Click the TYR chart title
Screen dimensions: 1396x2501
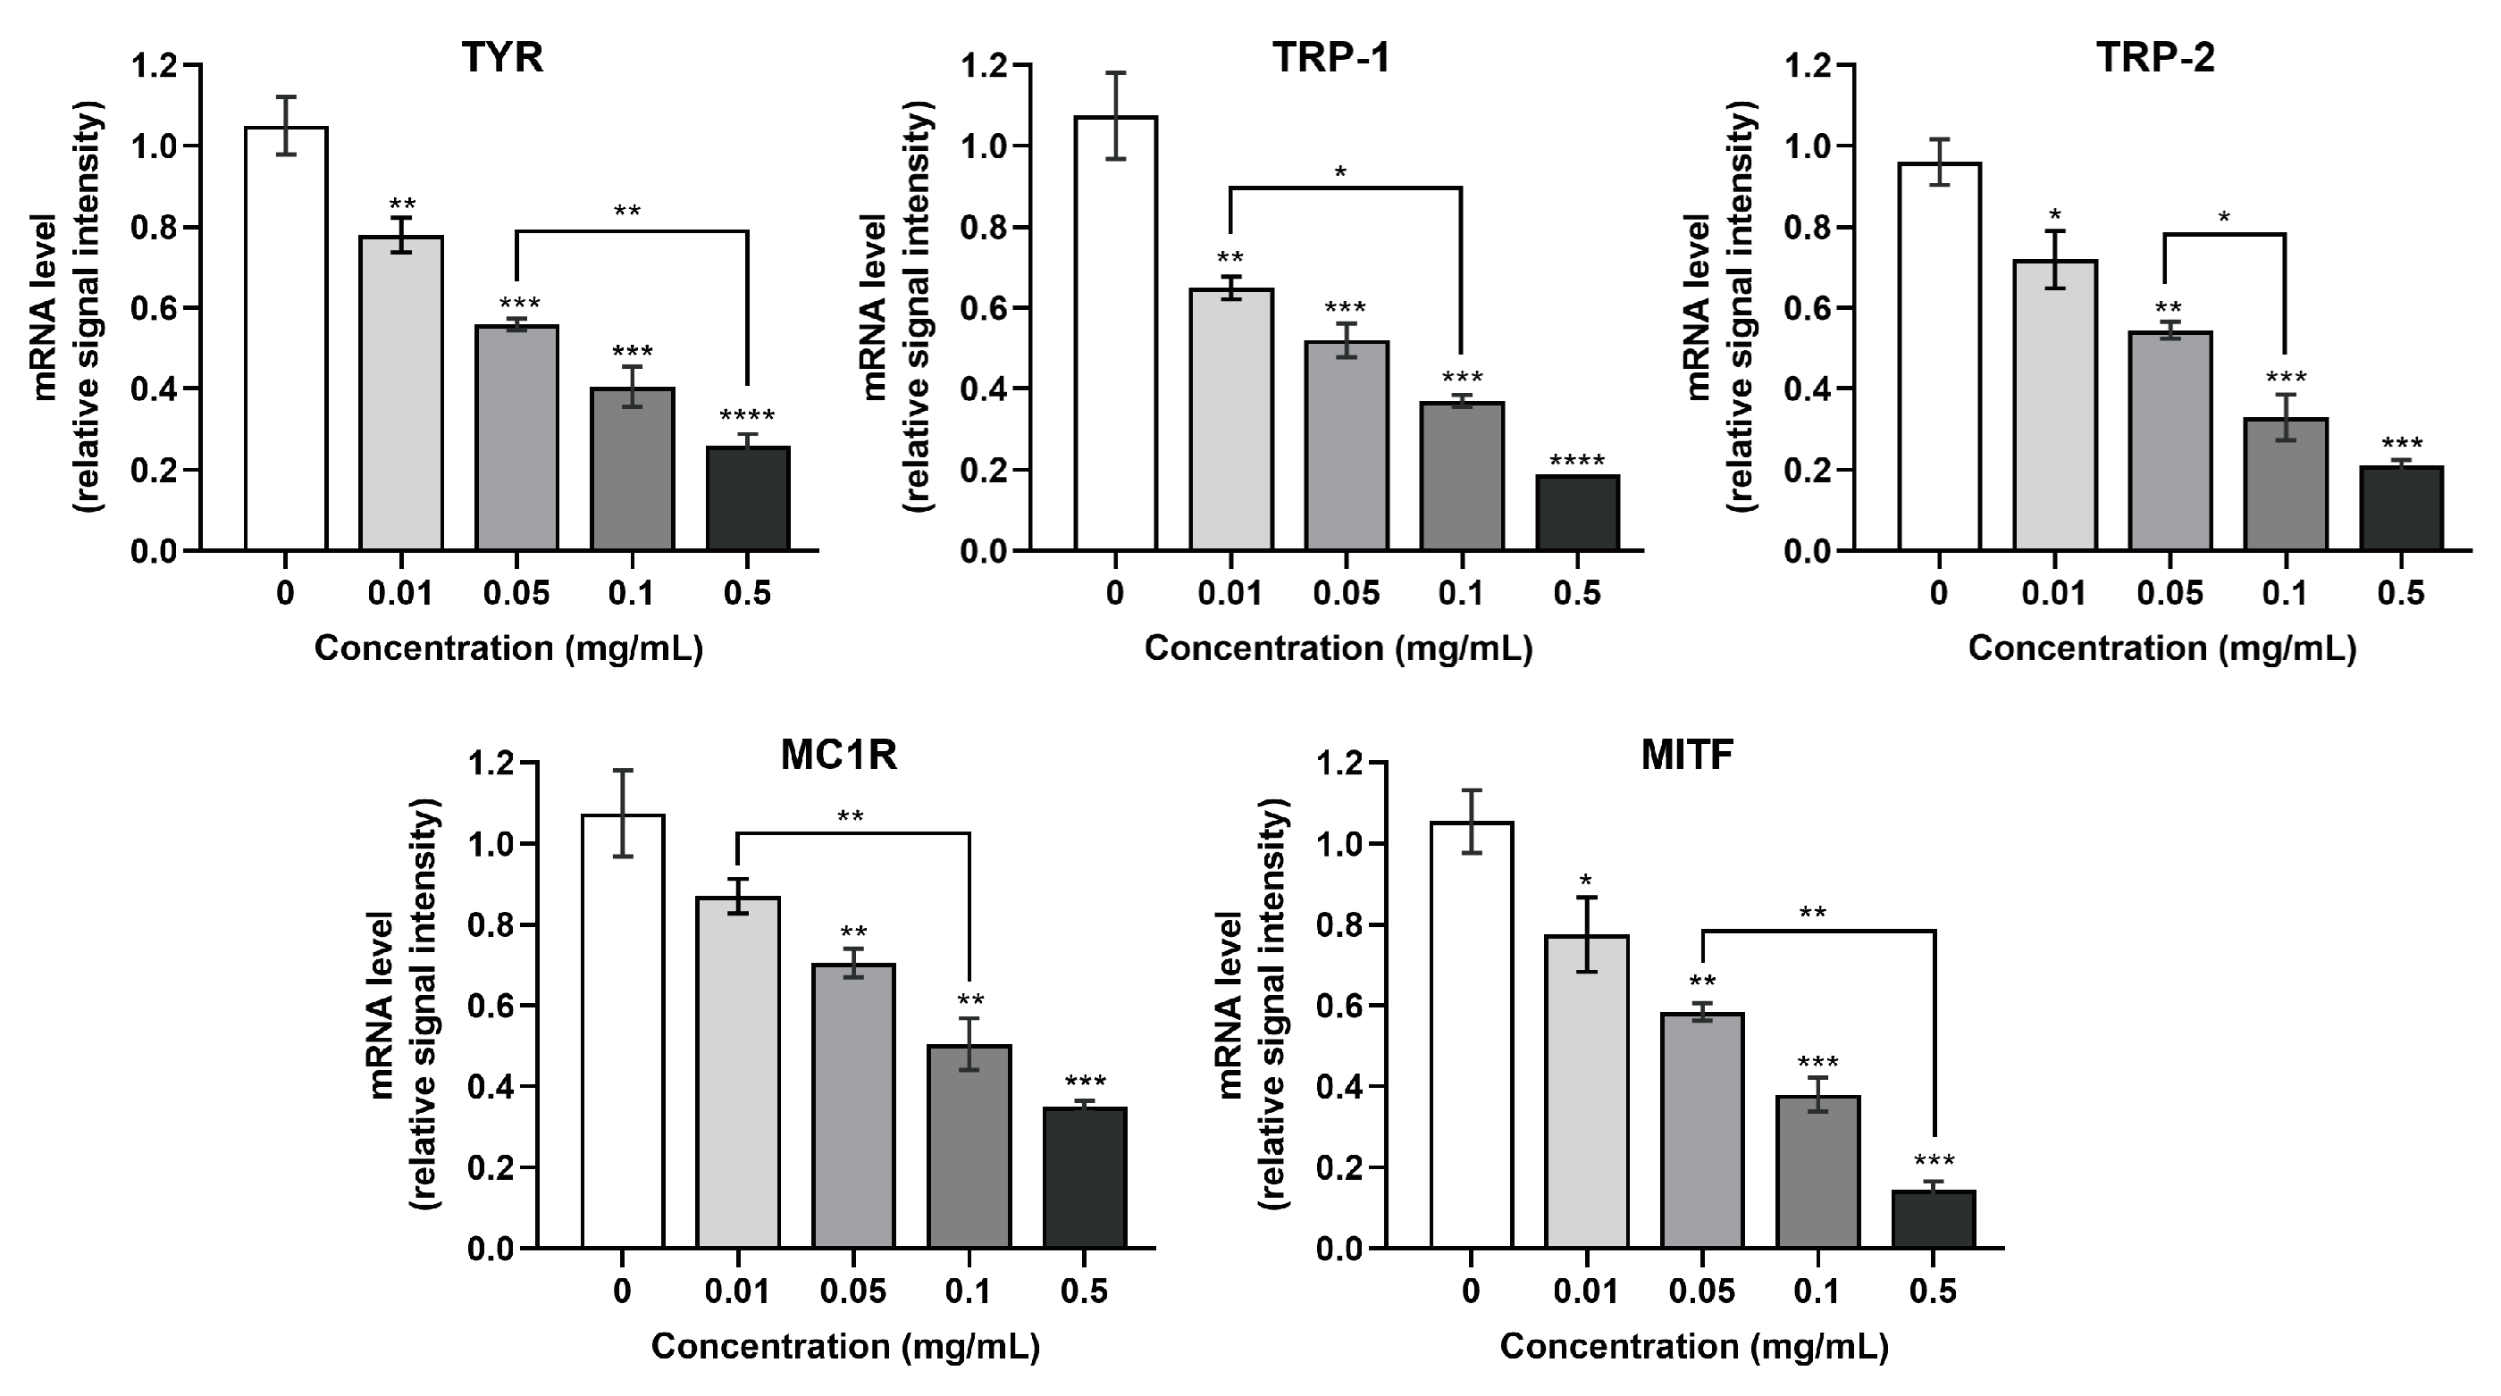pos(502,58)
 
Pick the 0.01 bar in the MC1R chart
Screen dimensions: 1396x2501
pos(738,1072)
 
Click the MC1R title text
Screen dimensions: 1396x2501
pos(839,756)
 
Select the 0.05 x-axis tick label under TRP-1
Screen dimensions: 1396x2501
pos(1346,593)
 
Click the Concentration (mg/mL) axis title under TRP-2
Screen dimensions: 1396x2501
pos(2161,648)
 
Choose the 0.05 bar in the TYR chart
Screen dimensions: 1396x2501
pos(516,438)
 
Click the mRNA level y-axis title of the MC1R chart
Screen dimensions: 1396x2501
pos(382,1005)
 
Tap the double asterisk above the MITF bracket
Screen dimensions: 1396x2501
pos(1812,914)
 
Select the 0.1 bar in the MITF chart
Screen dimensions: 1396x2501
pos(1817,1171)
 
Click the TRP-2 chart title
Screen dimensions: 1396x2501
pos(2155,58)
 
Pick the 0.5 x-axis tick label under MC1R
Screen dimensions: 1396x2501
pos(1085,1292)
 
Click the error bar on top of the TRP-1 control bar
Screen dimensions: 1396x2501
pos(1115,115)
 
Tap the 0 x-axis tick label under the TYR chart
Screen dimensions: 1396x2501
pos(284,593)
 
